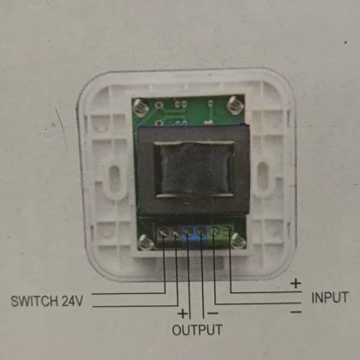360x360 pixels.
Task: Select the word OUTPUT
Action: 197,330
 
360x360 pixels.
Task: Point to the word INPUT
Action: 330,297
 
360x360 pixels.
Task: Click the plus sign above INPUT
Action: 296,284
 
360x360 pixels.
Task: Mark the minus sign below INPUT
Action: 296,312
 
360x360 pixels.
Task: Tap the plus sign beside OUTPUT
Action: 183,314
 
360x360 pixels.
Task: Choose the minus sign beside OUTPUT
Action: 213,314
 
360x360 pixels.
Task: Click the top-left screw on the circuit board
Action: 141,105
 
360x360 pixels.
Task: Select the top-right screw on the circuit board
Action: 235,104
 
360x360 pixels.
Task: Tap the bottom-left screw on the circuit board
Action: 145,243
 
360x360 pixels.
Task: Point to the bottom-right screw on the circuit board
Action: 237,241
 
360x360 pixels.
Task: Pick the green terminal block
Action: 222,233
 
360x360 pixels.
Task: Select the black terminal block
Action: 168,234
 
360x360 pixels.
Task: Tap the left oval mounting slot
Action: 114,175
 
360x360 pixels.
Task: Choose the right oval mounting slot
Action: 263,174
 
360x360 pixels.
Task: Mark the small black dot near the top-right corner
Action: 345,43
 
